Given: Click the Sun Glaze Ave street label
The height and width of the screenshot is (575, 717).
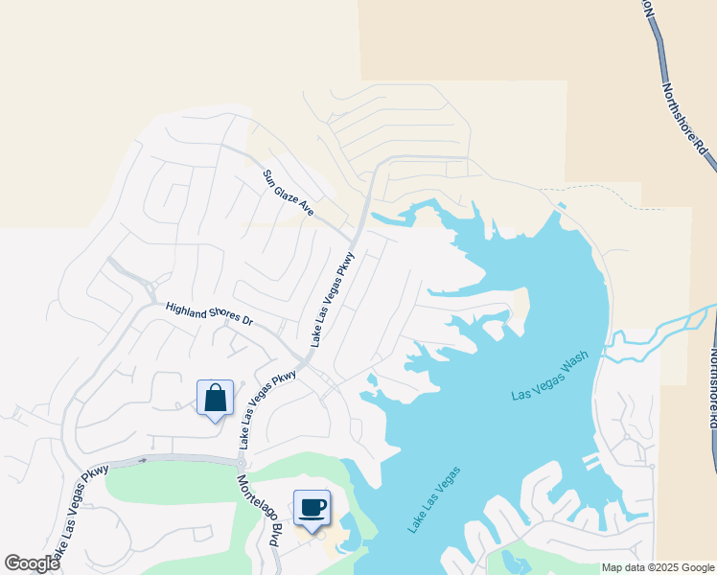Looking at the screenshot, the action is click(x=289, y=193).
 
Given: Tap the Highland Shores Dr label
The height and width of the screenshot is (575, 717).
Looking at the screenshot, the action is click(x=208, y=314).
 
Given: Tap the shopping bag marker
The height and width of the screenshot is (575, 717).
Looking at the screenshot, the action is click(x=215, y=398).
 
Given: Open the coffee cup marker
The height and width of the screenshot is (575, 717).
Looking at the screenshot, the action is click(x=312, y=507).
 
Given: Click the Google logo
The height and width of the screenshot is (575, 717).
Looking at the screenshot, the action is click(x=32, y=563).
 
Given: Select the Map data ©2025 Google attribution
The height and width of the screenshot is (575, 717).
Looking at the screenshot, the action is click(x=658, y=567).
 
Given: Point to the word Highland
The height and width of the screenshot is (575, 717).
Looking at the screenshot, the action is click(x=185, y=309).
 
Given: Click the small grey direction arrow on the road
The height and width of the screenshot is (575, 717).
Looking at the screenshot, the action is click(x=142, y=461).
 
